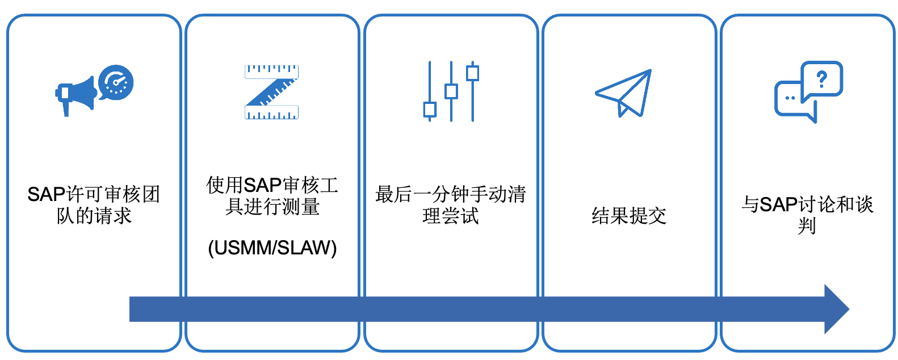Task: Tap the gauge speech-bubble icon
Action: [116, 82]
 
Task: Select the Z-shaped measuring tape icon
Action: [272, 92]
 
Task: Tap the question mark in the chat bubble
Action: [821, 78]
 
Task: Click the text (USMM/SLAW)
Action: [272, 248]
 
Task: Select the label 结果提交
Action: [629, 216]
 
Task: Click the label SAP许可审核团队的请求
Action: [94, 205]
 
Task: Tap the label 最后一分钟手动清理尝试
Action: [451, 205]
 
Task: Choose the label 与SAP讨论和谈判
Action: [807, 215]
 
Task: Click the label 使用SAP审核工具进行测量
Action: [272, 195]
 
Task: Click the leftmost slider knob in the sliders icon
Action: [430, 109]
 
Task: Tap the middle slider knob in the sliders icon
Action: [451, 91]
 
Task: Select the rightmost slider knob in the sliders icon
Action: [472, 73]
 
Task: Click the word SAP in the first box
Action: [47, 195]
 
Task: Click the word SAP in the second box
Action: [263, 185]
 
